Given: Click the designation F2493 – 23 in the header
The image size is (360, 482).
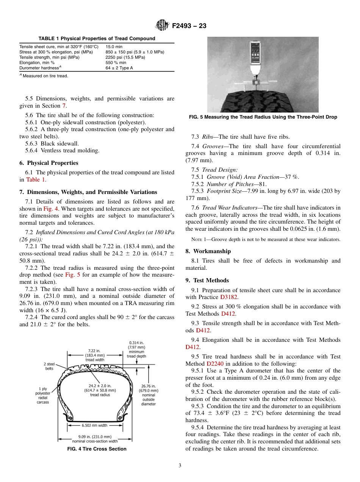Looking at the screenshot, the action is (x=189, y=26).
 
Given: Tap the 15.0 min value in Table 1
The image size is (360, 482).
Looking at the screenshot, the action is (x=114, y=47).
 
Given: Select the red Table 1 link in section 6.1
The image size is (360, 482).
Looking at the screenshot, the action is (x=36, y=180).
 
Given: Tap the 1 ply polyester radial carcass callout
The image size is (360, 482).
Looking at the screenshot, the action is (x=44, y=395).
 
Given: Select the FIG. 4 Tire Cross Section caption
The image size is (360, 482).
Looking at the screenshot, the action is (x=97, y=449).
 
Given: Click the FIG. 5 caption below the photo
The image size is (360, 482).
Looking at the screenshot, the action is (x=263, y=117).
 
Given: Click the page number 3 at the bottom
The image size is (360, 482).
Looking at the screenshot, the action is (x=180, y=466).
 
